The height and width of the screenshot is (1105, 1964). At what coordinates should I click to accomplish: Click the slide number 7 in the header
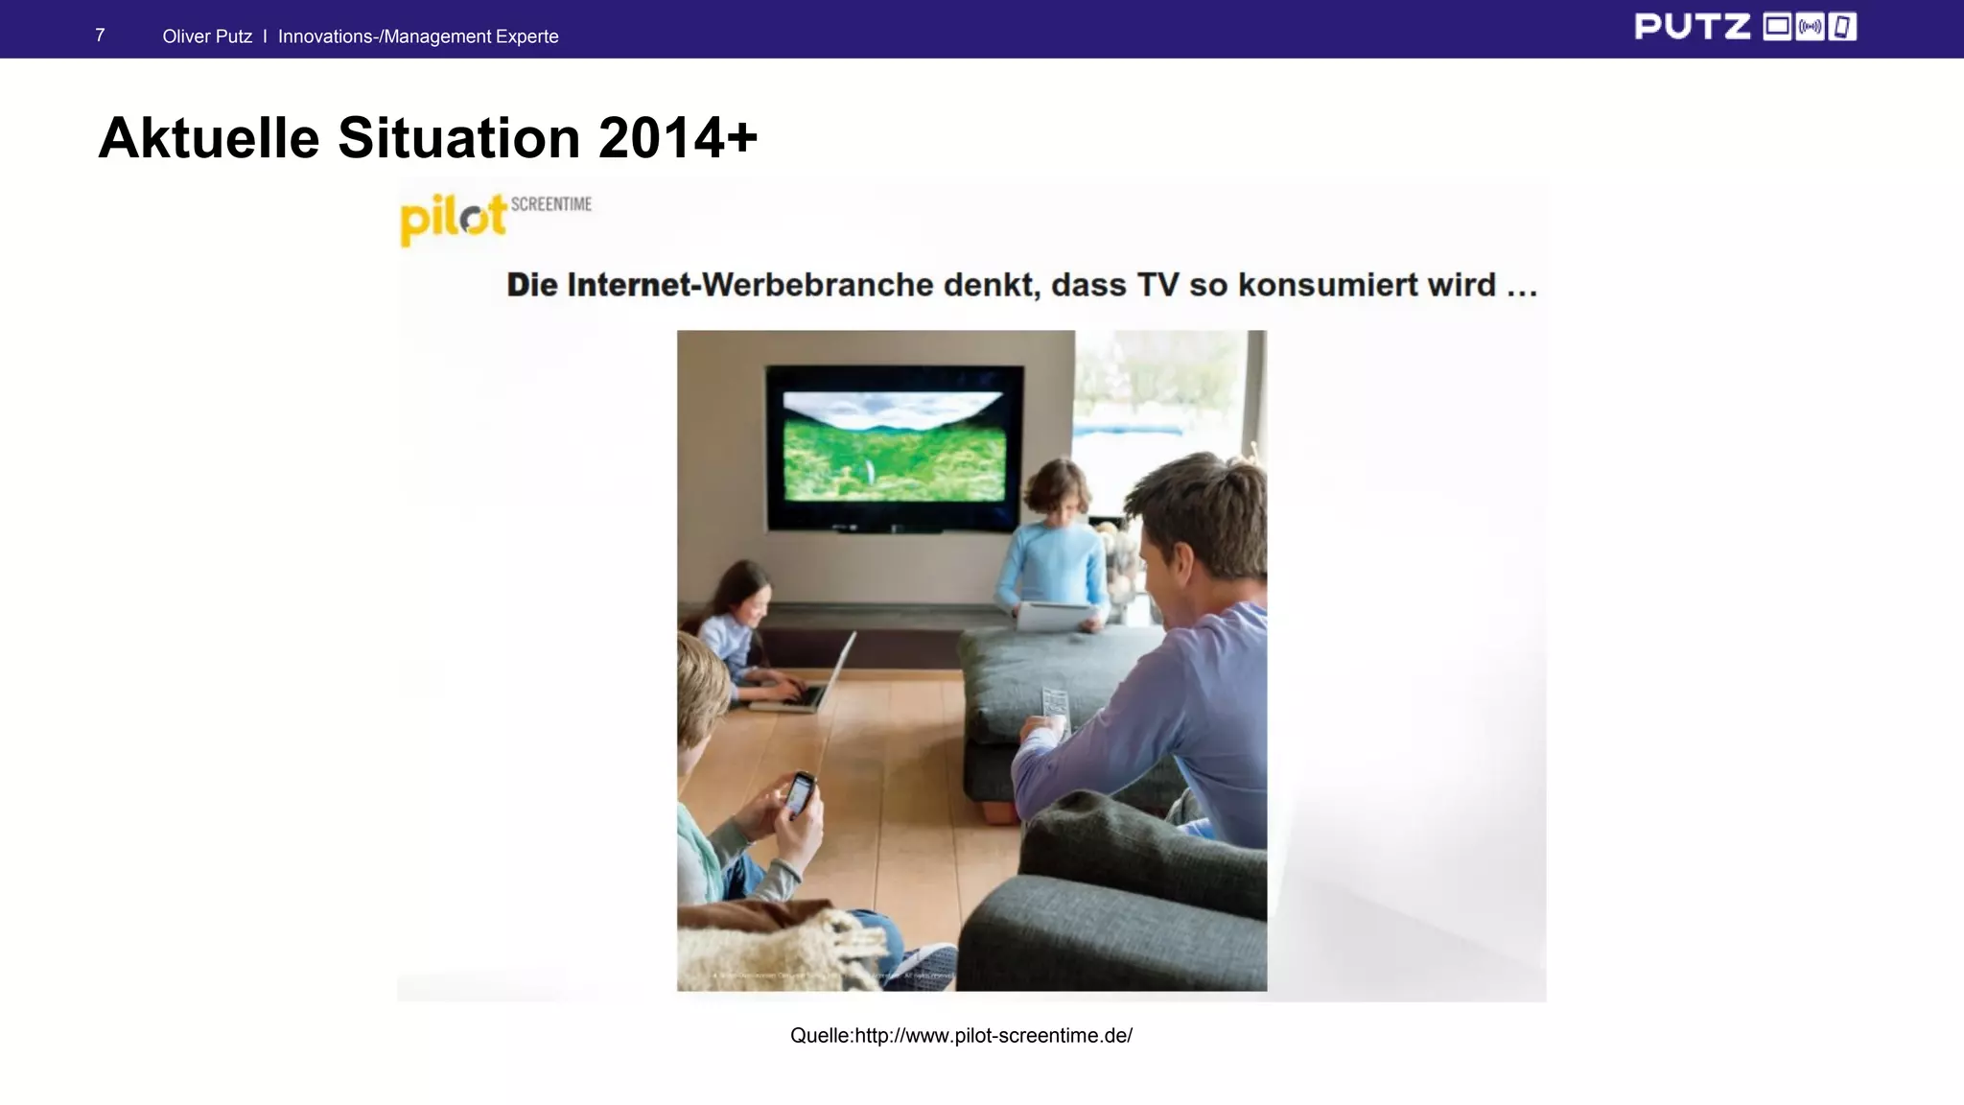click(100, 35)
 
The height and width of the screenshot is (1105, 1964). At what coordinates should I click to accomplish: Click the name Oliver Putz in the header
click(207, 36)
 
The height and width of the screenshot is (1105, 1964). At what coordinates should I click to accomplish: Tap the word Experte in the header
click(526, 36)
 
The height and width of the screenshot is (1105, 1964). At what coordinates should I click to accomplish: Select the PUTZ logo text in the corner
click(1692, 27)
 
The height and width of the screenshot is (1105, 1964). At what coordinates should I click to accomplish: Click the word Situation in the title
click(459, 138)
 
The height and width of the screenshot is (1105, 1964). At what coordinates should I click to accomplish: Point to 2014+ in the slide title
click(678, 138)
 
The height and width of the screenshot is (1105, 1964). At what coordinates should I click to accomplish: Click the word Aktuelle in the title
click(208, 138)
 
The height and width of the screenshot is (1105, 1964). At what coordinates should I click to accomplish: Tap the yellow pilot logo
click(452, 219)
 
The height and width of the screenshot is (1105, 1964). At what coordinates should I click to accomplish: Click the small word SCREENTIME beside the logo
click(551, 204)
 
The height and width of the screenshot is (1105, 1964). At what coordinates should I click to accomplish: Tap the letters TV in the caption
click(1157, 285)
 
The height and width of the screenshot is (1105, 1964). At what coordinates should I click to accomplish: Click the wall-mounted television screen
click(894, 447)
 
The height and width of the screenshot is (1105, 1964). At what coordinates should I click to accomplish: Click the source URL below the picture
click(961, 1036)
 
